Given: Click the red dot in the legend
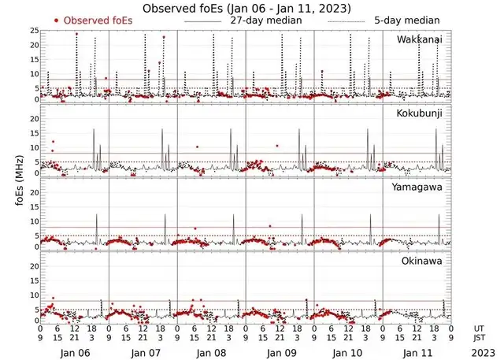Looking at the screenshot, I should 56,20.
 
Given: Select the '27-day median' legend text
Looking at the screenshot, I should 265,20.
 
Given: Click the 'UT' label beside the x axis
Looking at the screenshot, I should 479,327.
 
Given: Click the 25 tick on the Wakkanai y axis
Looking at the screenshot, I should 33,31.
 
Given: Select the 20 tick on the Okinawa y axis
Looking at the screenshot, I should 33,266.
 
